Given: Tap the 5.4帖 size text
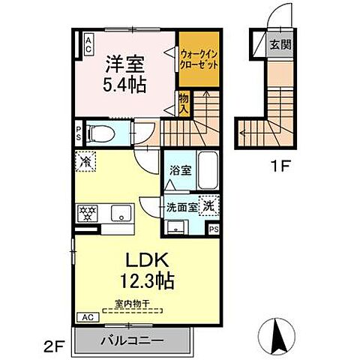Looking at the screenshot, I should pos(124,84).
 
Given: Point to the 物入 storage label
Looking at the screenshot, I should pos(183,102).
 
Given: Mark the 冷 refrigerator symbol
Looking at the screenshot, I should pos(85,160).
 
